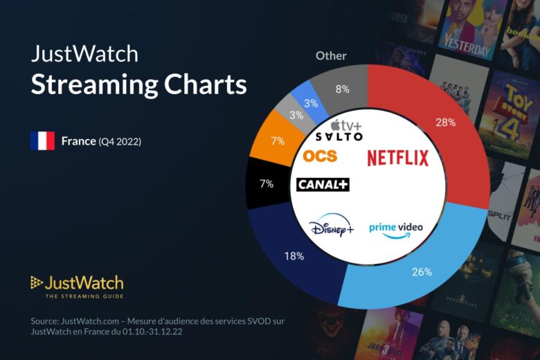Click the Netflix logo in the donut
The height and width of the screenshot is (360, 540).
(x=397, y=158)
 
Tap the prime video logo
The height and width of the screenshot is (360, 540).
(x=395, y=228)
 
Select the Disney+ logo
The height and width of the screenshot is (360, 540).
(x=332, y=227)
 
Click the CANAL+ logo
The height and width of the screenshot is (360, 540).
(x=323, y=185)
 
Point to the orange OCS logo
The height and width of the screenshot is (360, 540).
(x=320, y=156)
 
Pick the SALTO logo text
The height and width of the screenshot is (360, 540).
(x=339, y=137)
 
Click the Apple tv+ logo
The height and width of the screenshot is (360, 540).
(x=343, y=125)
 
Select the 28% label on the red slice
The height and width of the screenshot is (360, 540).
(x=445, y=122)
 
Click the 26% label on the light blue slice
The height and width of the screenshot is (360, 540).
(x=422, y=271)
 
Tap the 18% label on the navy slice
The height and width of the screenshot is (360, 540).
(x=294, y=256)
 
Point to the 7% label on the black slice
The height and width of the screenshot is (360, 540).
(x=266, y=184)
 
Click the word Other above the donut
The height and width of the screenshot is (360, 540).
(x=331, y=55)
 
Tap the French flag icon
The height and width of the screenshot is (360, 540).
(x=42, y=141)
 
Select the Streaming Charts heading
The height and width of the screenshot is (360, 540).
(x=138, y=85)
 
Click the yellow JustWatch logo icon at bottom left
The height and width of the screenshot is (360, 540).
(x=37, y=282)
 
